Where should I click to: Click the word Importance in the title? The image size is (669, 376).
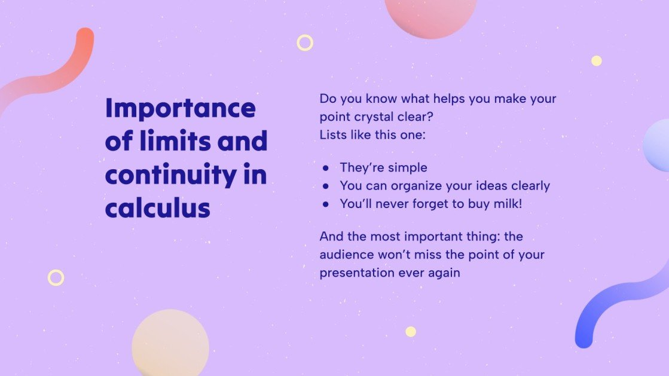click(x=180, y=109)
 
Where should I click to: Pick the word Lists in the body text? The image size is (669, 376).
click(x=333, y=134)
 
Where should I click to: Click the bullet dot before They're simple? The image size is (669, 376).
click(x=326, y=168)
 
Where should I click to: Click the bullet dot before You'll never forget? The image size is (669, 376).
click(x=326, y=204)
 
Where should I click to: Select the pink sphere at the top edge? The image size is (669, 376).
click(x=430, y=15)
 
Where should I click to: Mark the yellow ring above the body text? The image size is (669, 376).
click(x=305, y=42)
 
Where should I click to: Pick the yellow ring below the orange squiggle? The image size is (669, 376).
click(x=56, y=277)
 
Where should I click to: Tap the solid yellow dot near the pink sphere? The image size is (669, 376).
click(x=596, y=60)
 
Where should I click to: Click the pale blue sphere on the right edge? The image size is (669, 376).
click(x=658, y=145)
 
